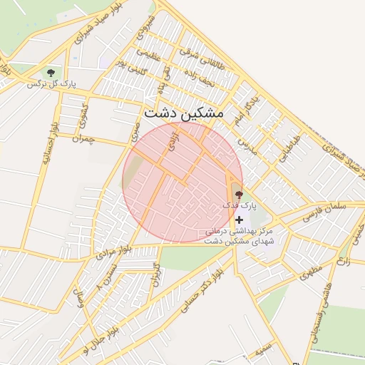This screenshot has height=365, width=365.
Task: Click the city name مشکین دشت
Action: (x=183, y=113)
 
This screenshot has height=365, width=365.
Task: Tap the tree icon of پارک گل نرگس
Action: (x=50, y=73)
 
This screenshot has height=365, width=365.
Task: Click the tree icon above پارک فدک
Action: (x=238, y=194)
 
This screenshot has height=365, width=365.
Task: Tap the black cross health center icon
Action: (x=239, y=220)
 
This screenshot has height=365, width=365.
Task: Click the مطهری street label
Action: (x=312, y=272)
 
